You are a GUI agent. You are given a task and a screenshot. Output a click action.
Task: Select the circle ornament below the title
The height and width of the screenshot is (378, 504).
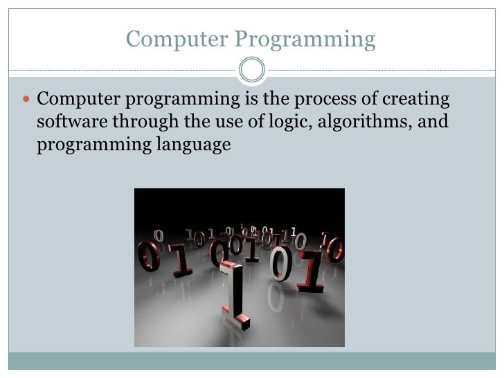(251, 70)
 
